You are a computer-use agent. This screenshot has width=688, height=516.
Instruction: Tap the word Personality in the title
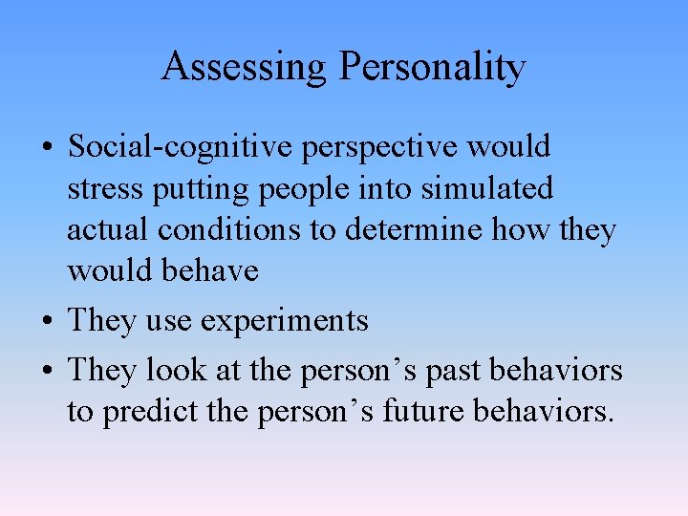point(432,67)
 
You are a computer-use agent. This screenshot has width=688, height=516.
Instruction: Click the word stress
point(101,188)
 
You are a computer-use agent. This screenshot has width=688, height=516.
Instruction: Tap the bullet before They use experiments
point(47,322)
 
